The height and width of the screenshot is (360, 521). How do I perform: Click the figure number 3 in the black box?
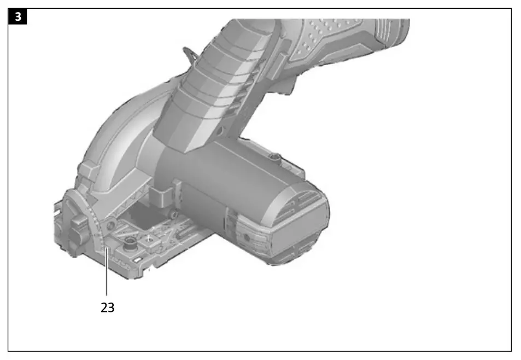(17, 16)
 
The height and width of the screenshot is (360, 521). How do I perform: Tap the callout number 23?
(107, 308)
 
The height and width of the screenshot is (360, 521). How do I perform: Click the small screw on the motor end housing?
(247, 237)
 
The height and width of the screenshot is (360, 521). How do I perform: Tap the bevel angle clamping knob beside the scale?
(78, 229)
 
